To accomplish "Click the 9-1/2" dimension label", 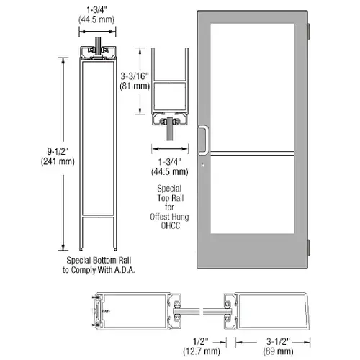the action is pyautogui.click(x=58, y=152).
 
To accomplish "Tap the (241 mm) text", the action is pyautogui.click(x=58, y=161).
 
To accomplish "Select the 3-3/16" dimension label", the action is pyautogui.click(x=135, y=76).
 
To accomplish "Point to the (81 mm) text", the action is pyautogui.click(x=135, y=86).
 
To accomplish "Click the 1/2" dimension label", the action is pyautogui.click(x=201, y=341).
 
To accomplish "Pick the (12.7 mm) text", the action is pyautogui.click(x=202, y=351).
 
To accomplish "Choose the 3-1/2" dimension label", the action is pyautogui.click(x=278, y=341).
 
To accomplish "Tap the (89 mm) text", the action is pyautogui.click(x=278, y=351).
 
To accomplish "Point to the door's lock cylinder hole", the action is pyautogui.click(x=204, y=166).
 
